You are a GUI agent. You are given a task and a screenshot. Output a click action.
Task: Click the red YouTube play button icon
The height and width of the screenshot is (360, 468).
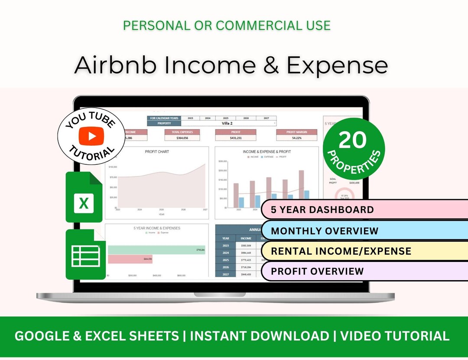92,136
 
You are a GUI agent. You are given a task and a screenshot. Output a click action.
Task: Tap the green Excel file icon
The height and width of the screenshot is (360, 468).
84,197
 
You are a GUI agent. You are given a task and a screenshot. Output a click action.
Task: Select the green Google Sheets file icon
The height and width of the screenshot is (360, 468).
85,255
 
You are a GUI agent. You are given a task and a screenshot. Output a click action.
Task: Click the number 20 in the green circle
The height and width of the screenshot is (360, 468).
353,140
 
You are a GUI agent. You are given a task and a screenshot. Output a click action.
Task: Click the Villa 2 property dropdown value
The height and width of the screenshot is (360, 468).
228,123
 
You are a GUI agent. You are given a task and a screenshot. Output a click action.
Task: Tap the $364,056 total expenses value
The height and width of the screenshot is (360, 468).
182,138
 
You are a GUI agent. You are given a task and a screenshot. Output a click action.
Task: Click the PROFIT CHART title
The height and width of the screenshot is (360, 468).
157,152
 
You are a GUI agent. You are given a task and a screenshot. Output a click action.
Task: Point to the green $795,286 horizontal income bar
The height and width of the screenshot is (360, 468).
152,250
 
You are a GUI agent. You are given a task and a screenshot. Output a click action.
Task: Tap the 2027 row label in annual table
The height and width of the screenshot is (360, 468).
226,275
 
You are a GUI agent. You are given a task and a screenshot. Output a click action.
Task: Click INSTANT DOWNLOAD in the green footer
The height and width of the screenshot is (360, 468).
260,336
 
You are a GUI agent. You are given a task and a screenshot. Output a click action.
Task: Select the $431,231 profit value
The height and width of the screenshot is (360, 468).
235,138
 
